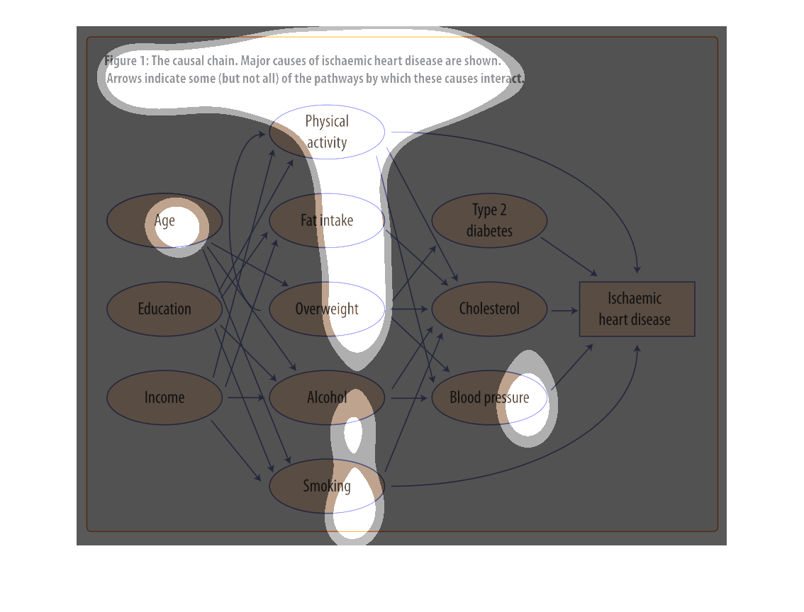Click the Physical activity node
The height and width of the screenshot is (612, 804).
point(327,132)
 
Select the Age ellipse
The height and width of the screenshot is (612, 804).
point(164,220)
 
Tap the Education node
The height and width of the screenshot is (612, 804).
point(164,309)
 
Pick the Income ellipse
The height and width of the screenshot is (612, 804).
point(164,397)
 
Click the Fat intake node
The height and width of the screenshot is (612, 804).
point(327,220)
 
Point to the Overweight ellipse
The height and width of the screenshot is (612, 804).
point(327,309)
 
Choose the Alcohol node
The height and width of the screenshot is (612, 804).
point(327,397)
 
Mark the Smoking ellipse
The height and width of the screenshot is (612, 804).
point(327,486)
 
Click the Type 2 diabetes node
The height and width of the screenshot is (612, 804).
point(489,220)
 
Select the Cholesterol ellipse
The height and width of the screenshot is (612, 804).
point(489,309)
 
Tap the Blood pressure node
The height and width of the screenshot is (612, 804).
point(489,397)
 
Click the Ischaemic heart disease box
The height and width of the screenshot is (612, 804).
point(637,309)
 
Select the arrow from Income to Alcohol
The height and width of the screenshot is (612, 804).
point(246,398)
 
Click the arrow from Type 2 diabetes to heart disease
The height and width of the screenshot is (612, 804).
point(569,256)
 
